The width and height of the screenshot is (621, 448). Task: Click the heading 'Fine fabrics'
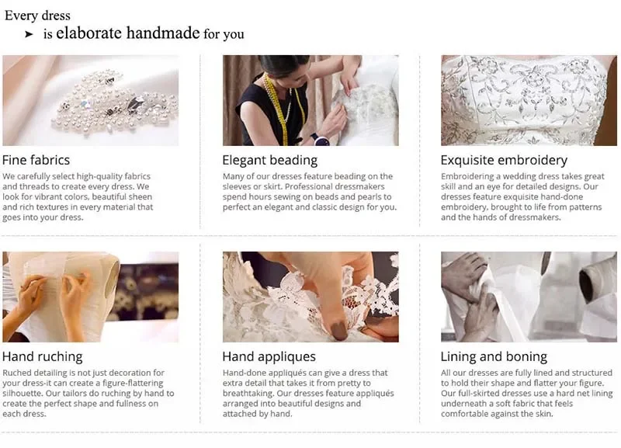(36, 160)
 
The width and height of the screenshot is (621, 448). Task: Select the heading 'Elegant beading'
(269, 161)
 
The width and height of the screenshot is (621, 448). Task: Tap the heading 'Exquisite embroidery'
(504, 161)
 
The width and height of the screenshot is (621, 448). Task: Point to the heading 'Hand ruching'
(43, 357)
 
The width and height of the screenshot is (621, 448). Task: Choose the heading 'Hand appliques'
(269, 357)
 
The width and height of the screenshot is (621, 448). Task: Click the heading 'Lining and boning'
(494, 357)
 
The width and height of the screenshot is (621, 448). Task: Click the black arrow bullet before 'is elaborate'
(29, 34)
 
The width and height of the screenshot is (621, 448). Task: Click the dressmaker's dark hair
(283, 64)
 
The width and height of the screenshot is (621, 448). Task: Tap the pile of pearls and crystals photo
(91, 100)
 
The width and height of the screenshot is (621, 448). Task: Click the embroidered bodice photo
(529, 100)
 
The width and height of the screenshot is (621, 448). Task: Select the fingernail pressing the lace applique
(338, 330)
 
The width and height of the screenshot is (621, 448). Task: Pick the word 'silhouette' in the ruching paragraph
(23, 394)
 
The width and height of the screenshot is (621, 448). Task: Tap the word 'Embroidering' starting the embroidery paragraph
(467, 177)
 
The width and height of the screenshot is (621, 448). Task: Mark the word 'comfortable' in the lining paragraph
(464, 414)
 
